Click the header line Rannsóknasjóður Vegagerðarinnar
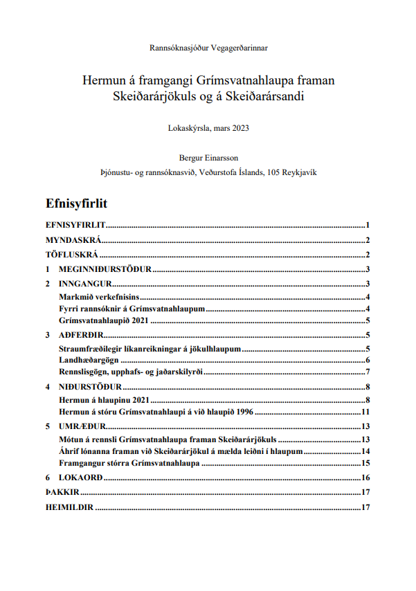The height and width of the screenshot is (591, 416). [208, 48]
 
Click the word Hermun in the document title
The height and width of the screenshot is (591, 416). [102, 81]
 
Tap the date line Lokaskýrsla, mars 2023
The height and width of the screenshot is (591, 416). [208, 127]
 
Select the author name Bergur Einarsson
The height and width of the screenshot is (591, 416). [208, 157]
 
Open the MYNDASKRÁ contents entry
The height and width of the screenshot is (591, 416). [73, 240]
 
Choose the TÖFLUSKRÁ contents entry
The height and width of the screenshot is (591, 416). [72, 255]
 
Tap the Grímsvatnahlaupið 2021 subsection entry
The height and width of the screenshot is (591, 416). [105, 320]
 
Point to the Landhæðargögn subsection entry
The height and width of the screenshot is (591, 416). [91, 360]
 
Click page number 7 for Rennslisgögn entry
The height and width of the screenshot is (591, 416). [368, 372]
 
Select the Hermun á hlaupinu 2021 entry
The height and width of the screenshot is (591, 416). [105, 399]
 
